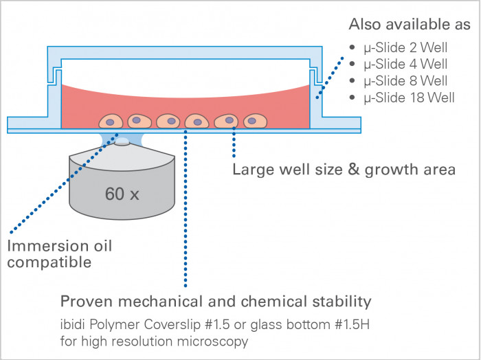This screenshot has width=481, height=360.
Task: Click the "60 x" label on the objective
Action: (x=122, y=194)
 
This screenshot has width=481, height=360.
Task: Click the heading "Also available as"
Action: (x=410, y=25)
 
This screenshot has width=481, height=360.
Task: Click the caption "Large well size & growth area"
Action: (x=344, y=170)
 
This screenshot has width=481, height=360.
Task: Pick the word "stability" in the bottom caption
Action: (x=344, y=302)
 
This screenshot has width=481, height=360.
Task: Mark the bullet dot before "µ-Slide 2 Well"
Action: (x=353, y=49)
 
